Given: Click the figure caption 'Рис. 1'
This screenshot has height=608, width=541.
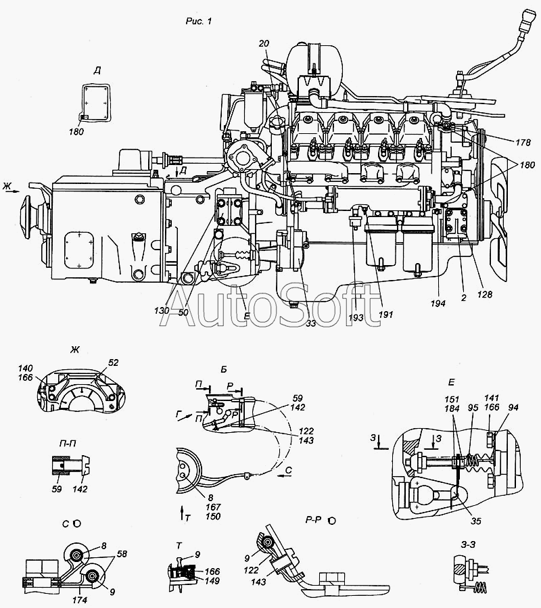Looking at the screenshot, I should pos(199,22).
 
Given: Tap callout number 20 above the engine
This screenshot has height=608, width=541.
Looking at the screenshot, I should pos(264,44).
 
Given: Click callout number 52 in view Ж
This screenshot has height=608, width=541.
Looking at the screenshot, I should pos(113,363).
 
